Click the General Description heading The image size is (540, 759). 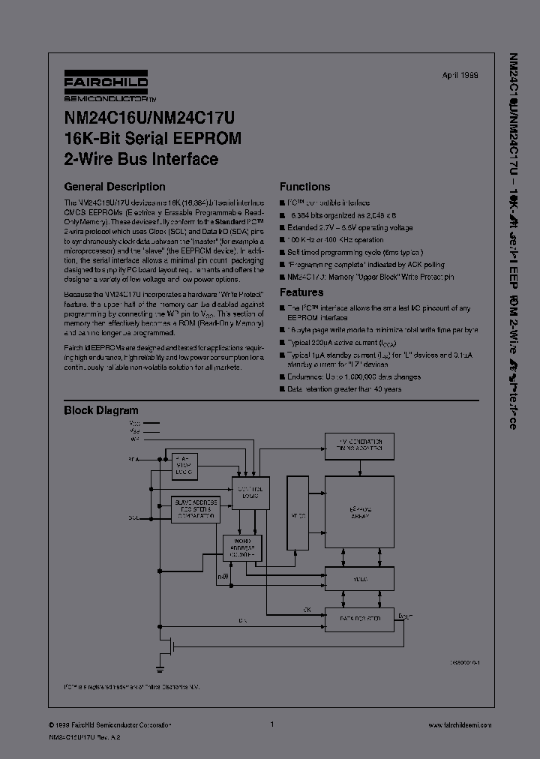click(x=115, y=187)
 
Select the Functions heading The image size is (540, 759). click(x=304, y=187)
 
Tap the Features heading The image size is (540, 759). click(x=301, y=292)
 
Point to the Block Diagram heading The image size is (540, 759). click(x=101, y=410)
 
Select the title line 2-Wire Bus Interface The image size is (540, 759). click(x=141, y=159)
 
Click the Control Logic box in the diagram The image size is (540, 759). click(x=250, y=493)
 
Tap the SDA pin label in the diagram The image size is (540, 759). click(x=133, y=459)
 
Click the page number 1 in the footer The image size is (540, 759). click(x=271, y=724)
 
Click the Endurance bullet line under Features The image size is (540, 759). click(x=353, y=377)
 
